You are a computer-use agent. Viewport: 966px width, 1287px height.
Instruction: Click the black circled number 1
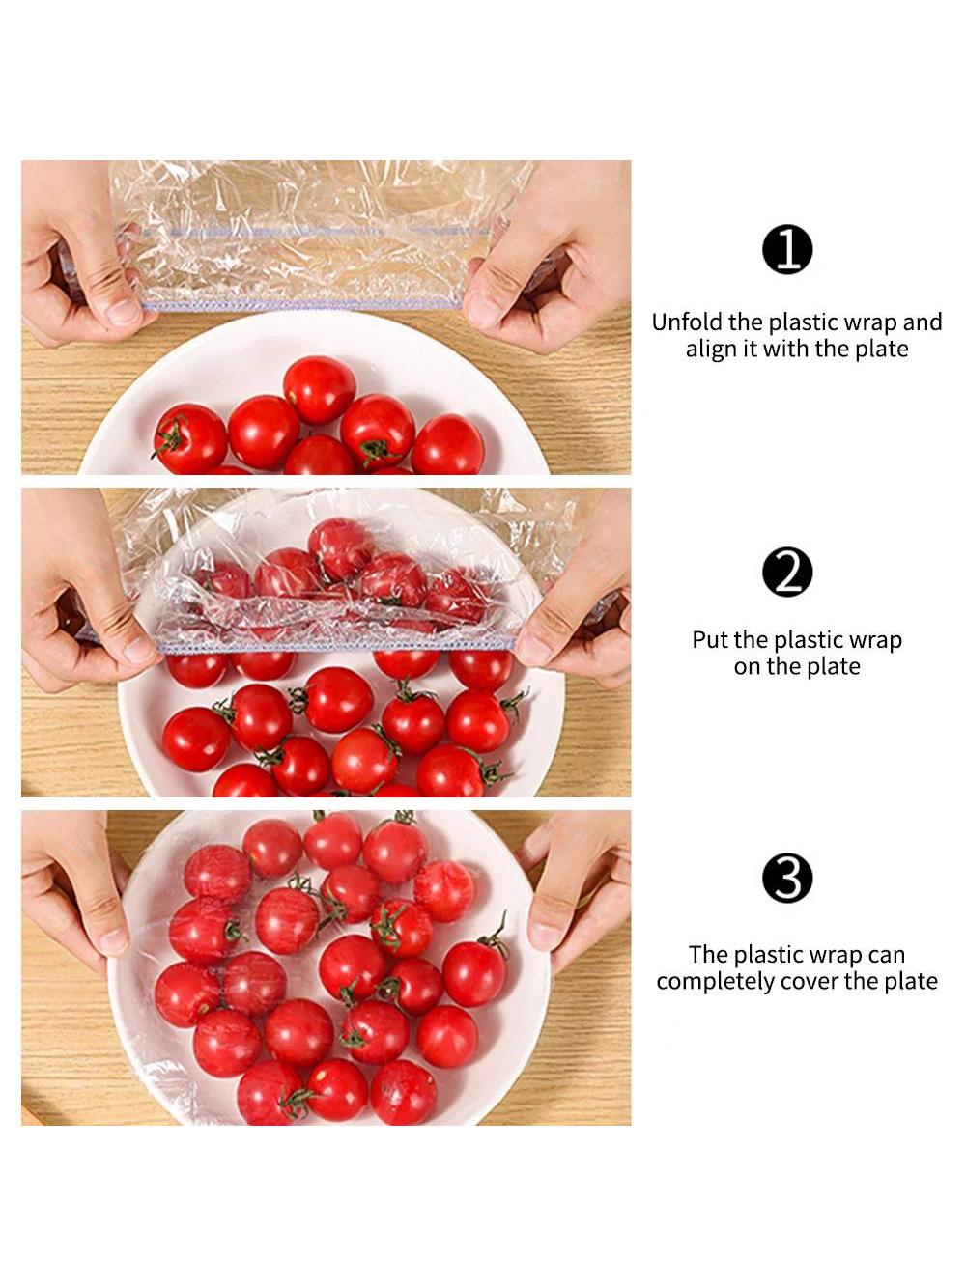point(787,250)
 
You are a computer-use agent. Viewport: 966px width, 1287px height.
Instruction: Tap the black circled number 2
point(787,572)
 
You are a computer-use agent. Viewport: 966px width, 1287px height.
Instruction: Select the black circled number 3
point(787,878)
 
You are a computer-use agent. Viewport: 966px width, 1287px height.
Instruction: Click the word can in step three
point(886,955)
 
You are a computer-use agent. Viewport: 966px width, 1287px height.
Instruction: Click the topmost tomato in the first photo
point(319,390)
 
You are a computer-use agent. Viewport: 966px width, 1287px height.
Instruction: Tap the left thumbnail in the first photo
point(124,311)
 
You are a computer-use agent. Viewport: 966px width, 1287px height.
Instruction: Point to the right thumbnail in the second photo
point(531,650)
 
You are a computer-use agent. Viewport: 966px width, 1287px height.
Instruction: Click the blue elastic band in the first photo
point(302,304)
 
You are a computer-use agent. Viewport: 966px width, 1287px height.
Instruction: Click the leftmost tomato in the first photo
point(189,438)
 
